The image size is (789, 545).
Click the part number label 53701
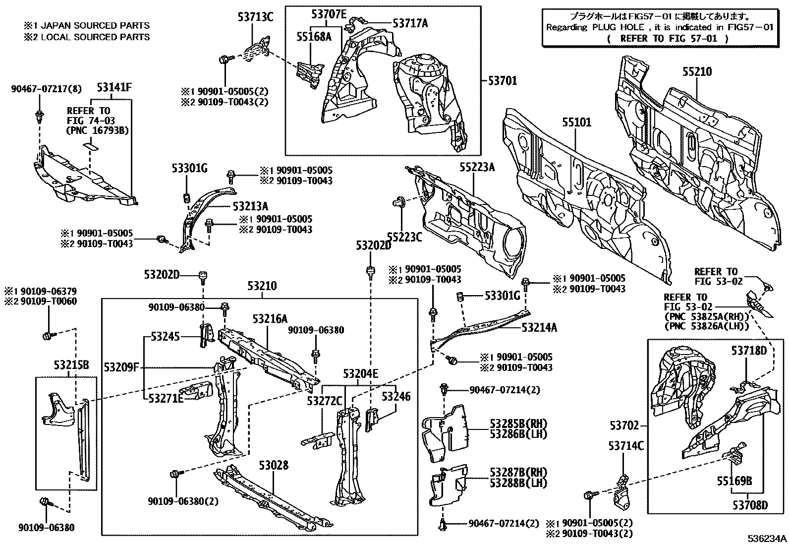pyautogui.click(x=503, y=80)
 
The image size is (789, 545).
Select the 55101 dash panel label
pyautogui.click(x=576, y=122)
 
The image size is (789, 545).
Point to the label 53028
pyautogui.click(x=273, y=466)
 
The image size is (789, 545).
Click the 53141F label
pyautogui.click(x=114, y=88)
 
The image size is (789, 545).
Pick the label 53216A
pyautogui.click(x=270, y=318)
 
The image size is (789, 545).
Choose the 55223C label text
pyautogui.click(x=404, y=238)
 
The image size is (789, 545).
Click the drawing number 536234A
pyautogui.click(x=768, y=539)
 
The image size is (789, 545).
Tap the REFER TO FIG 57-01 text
pyautogui.click(x=667, y=38)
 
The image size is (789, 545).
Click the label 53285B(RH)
pyautogui.click(x=518, y=424)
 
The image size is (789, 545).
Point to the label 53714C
pyautogui.click(x=626, y=446)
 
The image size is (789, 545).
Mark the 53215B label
pyautogui.click(x=71, y=365)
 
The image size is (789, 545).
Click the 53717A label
pyautogui.click(x=410, y=23)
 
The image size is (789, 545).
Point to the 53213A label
pyautogui.click(x=250, y=206)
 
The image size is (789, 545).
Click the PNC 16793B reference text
pyautogui.click(x=97, y=131)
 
